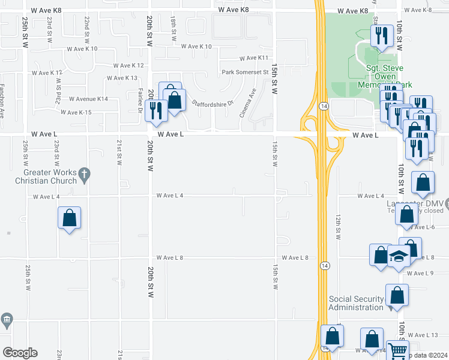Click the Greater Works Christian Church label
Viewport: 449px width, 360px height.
coord(46,176)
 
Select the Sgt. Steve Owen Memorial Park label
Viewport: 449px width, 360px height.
coord(389,77)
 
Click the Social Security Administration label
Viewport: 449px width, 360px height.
coord(355,303)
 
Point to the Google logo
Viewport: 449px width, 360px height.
coord(20,353)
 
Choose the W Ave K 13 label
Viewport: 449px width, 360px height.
coord(122,78)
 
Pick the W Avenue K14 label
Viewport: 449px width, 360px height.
coord(88,98)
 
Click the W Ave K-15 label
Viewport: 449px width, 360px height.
coord(76,112)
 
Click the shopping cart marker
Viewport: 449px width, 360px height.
coord(397,350)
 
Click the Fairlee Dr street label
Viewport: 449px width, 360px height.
coord(140,99)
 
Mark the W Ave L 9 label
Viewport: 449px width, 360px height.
coord(420,273)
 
